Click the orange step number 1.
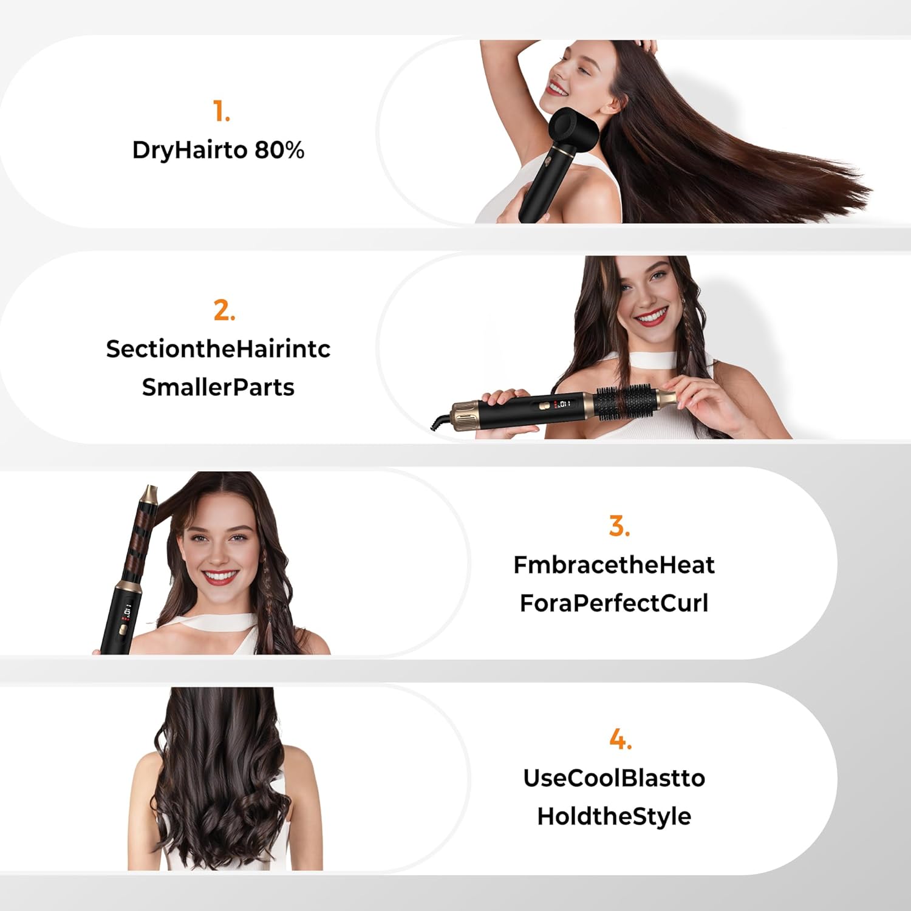[x=221, y=112]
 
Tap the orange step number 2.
[x=223, y=310]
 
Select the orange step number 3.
[x=619, y=526]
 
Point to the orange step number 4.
[x=620, y=739]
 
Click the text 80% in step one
[x=279, y=150]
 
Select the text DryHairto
[x=189, y=150]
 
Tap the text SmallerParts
[x=218, y=387]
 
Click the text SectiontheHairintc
[x=218, y=349]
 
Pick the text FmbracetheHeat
[x=614, y=565]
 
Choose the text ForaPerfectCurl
[x=614, y=603]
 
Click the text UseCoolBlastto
[x=614, y=778]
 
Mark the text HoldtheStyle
[x=614, y=816]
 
